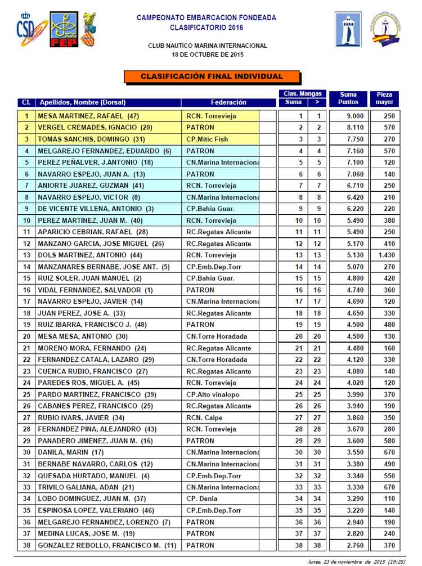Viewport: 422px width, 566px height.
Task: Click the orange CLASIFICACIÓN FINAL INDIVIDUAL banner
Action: pos(212,77)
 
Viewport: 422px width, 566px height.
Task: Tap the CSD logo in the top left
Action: pos(25,30)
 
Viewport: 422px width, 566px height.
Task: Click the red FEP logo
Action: pos(63,30)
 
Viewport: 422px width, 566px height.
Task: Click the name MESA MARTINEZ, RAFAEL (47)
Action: pos(88,116)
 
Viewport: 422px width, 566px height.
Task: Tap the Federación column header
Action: pos(228,102)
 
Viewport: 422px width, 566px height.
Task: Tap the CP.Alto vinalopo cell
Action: pos(213,394)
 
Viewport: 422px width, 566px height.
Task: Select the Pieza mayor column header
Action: pos(386,98)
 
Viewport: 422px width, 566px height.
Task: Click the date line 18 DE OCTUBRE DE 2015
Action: pos(208,55)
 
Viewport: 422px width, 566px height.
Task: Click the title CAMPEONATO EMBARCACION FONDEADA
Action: pos(207,18)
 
